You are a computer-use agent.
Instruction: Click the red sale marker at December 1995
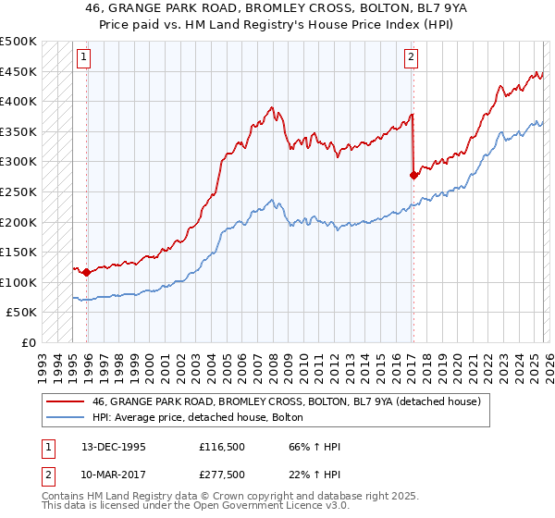(87, 272)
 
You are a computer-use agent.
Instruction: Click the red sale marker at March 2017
(413, 175)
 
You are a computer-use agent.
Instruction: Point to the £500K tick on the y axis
(18, 42)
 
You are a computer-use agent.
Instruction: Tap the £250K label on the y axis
(18, 191)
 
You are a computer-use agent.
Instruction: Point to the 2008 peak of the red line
(272, 107)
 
